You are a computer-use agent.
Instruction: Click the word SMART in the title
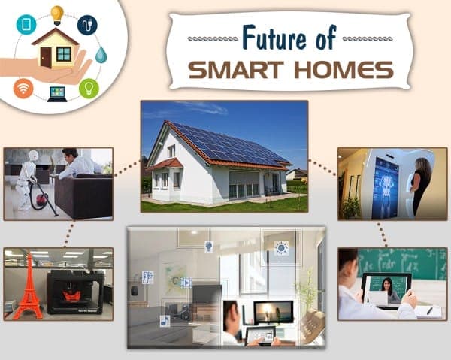(241, 70)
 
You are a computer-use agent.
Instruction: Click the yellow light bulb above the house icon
(57, 13)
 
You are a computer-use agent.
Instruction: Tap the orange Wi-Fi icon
(23, 88)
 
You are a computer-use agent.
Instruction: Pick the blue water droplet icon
(101, 55)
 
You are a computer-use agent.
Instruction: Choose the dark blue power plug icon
(87, 24)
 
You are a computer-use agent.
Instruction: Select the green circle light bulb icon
(89, 88)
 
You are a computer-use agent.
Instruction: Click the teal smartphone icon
(25, 25)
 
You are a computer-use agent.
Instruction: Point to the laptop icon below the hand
(56, 94)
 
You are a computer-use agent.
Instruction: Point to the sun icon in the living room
(281, 247)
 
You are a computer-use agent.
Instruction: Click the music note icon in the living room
(165, 321)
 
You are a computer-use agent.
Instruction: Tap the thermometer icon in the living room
(147, 277)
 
